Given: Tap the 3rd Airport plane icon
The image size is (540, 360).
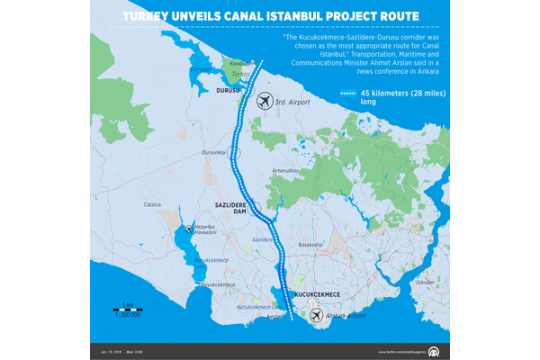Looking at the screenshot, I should click(264, 101).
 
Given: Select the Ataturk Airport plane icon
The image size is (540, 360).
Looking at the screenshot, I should click(316, 316).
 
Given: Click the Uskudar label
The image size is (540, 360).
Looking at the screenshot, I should click(424, 282).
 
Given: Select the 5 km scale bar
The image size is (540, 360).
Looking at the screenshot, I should click(129, 308).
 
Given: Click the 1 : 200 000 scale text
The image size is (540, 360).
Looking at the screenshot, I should click(130, 315).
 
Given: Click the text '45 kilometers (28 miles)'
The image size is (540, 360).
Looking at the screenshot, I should click(397, 94).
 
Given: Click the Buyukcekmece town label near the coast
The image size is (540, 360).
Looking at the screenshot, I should click(216, 284).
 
